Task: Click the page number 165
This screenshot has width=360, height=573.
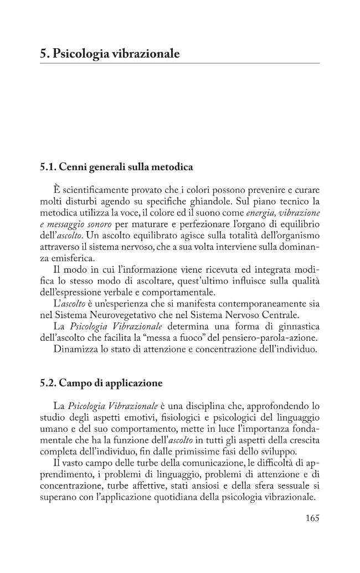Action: [312, 519]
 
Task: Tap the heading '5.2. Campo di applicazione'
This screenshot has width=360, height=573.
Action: [101, 383]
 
